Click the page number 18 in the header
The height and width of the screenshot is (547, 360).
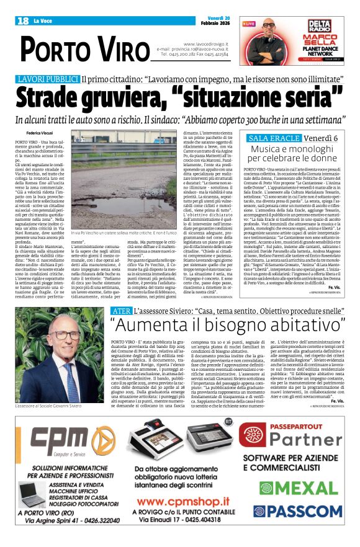[x=23, y=21]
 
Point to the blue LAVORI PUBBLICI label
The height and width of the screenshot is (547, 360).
[x=48, y=79]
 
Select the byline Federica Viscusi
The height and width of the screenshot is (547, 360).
[x=40, y=133]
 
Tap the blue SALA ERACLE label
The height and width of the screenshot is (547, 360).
[x=272, y=138]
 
